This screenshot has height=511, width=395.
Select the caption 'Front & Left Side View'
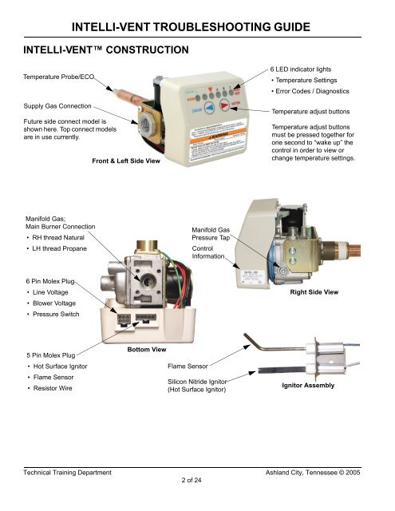(126, 161)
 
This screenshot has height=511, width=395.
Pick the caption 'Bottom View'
(147, 349)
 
